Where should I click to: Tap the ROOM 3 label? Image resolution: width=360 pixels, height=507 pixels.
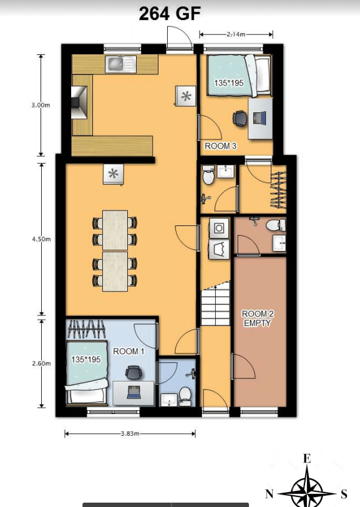pos(220,146)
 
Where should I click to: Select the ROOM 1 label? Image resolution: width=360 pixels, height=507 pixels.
pos(129,352)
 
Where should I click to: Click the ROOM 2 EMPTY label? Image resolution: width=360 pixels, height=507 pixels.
pos(258,318)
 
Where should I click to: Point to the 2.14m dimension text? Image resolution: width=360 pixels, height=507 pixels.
pos(236,34)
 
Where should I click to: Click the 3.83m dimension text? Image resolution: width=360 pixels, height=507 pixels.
pos(129,433)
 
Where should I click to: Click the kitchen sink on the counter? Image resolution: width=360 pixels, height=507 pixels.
pos(120,62)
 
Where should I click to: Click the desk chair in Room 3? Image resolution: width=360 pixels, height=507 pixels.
pos(240,117)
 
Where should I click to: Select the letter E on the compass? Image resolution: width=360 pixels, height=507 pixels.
pos(307,459)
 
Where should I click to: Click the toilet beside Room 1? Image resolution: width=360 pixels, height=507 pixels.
pos(185,394)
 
